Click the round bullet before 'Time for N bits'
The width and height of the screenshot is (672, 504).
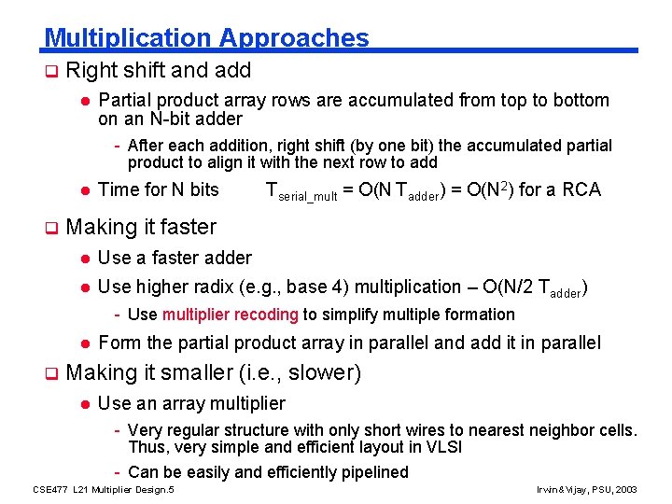pos(83,190)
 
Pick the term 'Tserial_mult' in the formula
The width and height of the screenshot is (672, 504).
pos(301,192)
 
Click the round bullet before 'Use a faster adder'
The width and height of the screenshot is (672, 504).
pos(83,258)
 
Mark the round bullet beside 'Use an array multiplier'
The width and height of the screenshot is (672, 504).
pos(83,404)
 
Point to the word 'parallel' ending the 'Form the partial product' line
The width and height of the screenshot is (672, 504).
pos(570,343)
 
